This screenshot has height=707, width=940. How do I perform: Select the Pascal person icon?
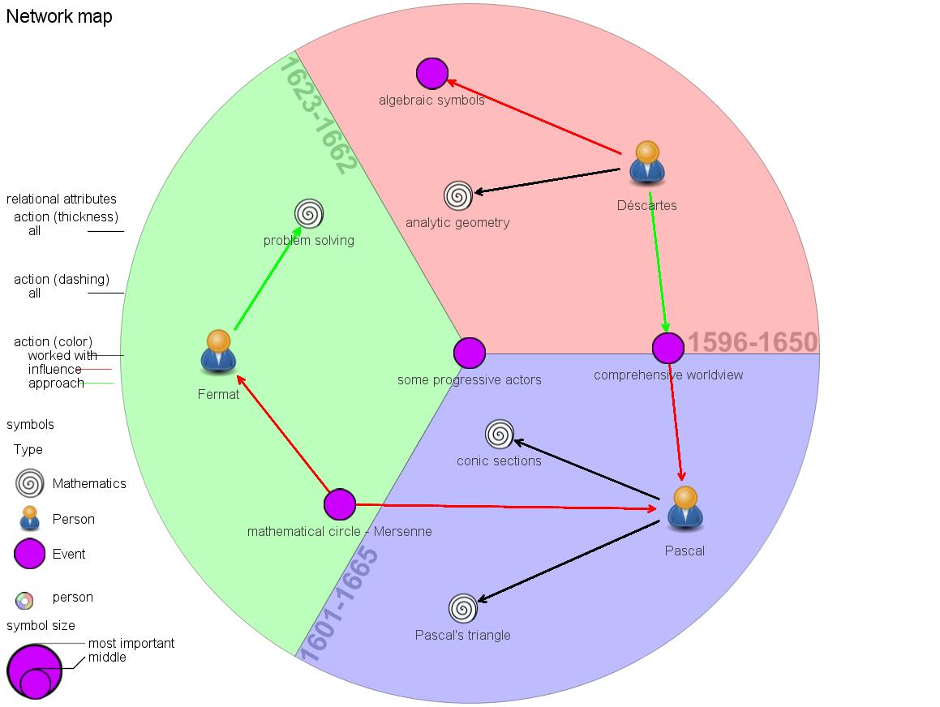click(685, 508)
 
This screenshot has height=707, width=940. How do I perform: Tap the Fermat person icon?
click(218, 352)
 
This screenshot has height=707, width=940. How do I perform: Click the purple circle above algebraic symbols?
click(432, 74)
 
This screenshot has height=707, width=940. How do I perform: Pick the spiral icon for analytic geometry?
click(457, 195)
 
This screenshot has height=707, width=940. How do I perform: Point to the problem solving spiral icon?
click(309, 214)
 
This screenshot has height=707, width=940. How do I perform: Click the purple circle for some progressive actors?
click(469, 353)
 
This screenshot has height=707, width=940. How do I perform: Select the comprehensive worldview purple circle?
click(667, 348)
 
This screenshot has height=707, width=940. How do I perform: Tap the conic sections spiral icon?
click(499, 435)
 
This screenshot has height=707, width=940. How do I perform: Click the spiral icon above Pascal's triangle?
click(462, 608)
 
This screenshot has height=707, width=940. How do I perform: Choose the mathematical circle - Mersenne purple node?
click(340, 504)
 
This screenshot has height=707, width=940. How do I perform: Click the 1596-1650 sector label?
click(753, 342)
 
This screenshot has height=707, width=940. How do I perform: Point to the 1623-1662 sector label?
click(317, 114)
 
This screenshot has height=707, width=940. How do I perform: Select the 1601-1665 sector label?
click(339, 605)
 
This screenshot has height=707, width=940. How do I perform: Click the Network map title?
click(59, 16)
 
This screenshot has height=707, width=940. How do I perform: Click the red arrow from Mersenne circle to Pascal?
click(503, 507)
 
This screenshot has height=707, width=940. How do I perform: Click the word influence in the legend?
click(55, 370)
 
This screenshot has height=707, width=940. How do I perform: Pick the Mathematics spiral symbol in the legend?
click(29, 483)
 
